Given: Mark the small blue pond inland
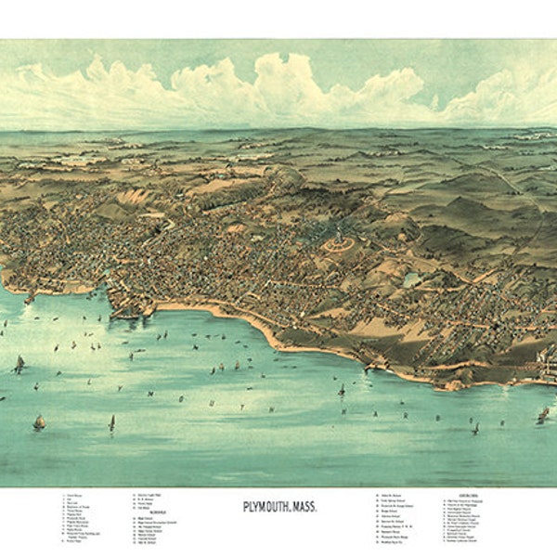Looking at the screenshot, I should pos(410,278).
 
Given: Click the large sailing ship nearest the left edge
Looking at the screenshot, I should pos(18,364).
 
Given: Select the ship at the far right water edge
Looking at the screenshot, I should pos(543,414).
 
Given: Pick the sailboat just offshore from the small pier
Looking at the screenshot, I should pos(341,389).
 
